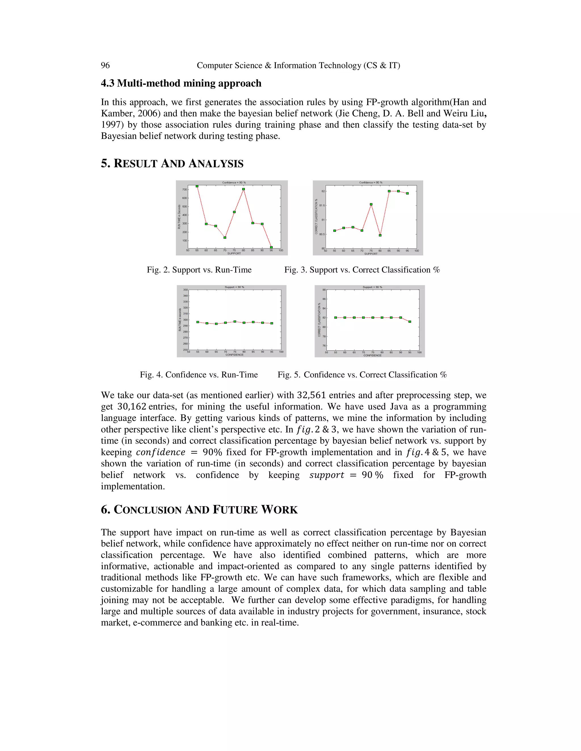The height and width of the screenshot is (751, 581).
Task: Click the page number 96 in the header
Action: (105, 65)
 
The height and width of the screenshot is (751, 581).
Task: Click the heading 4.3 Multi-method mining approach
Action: (181, 83)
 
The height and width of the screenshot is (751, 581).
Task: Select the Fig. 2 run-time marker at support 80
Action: (243, 189)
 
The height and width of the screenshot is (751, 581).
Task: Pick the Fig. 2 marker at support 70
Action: (225, 237)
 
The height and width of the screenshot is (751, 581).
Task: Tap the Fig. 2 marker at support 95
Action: (271, 247)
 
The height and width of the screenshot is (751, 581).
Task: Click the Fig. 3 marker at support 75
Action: (371, 205)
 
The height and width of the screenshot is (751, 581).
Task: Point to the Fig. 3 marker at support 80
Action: (380, 236)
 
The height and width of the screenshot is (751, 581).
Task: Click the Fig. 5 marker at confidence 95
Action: (410, 322)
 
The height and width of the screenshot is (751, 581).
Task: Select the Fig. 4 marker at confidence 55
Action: (197, 322)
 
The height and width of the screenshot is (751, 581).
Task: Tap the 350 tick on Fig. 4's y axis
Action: (186, 290)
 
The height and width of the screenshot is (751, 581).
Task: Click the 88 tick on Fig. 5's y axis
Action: (324, 290)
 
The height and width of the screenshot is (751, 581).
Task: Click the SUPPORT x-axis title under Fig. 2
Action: (234, 253)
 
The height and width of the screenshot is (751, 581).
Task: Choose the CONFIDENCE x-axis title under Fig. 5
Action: (372, 355)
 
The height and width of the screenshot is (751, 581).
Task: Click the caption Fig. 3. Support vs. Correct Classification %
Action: (362, 270)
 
